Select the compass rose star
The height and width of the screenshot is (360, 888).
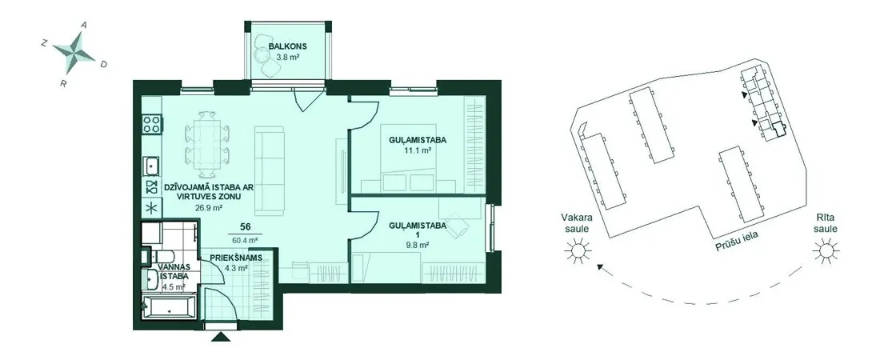tap(74, 53)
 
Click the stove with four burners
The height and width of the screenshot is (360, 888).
tap(152, 124)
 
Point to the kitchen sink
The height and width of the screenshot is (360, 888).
tap(152, 166)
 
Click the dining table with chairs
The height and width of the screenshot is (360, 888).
tap(207, 144)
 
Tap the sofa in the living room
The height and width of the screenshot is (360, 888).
tap(269, 170)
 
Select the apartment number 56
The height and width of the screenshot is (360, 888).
tap(246, 227)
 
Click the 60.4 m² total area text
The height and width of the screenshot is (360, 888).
tap(246, 239)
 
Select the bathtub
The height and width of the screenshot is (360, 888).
tap(169, 308)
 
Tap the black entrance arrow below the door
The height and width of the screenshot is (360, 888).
tap(219, 338)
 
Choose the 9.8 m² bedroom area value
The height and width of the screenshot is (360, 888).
tap(418, 245)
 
